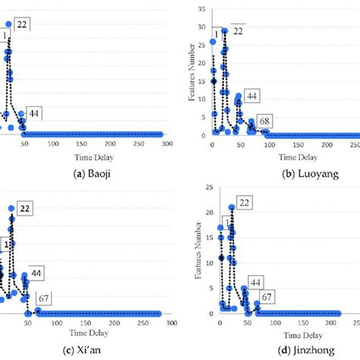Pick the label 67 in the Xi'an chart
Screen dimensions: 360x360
point(46,298)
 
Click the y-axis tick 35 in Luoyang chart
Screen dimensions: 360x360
point(201,9)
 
